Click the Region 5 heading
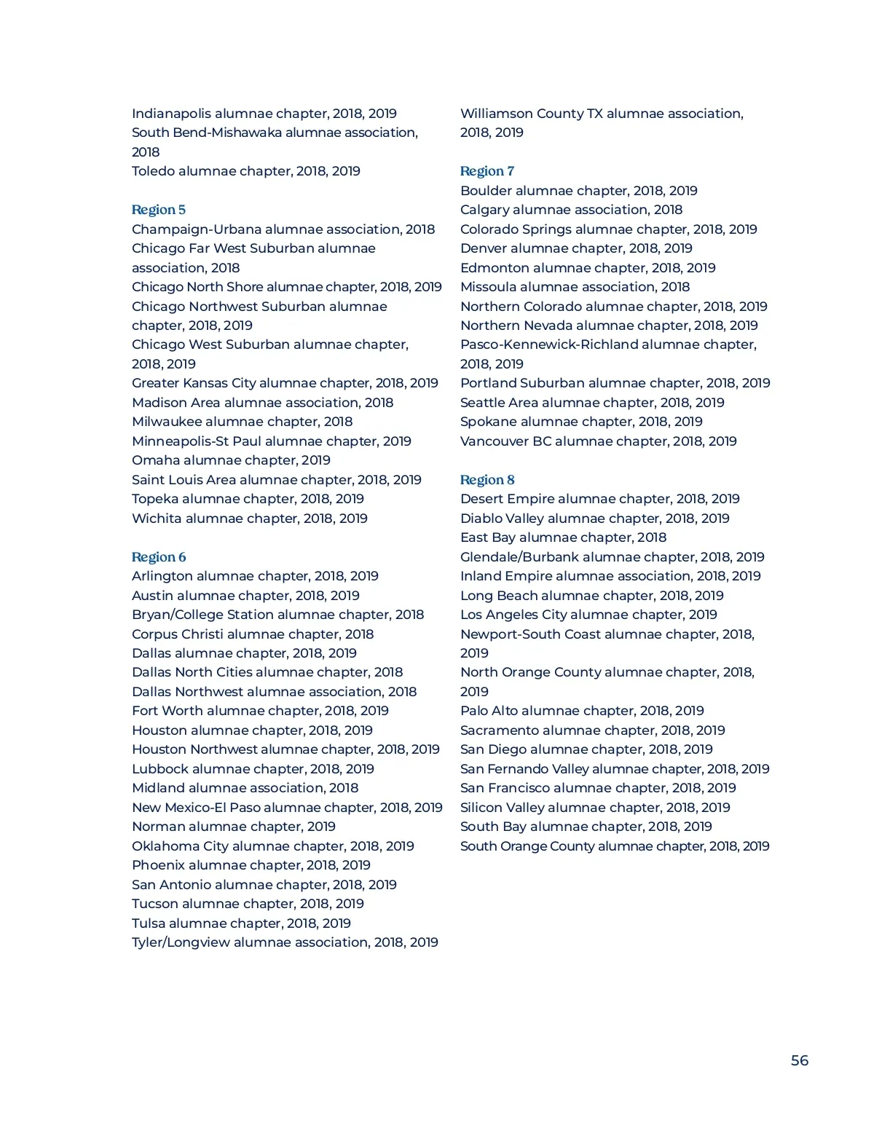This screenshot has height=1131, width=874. [159, 210]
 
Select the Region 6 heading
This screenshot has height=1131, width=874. [159, 557]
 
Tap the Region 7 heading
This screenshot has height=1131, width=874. [487, 171]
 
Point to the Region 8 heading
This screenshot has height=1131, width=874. [487, 480]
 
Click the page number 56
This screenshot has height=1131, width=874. [799, 1060]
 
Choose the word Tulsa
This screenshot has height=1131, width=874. [149, 923]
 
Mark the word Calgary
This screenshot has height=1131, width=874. [484, 210]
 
